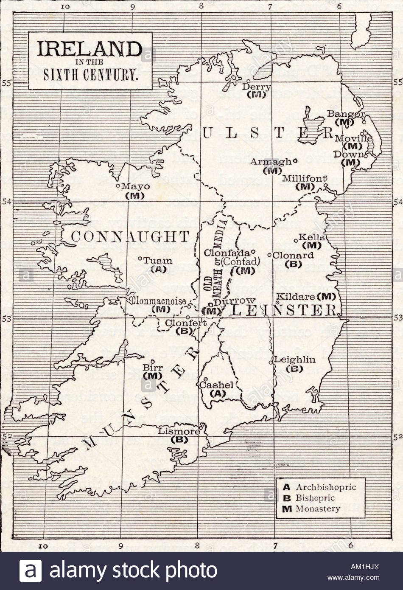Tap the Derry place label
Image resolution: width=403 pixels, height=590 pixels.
click(256, 87)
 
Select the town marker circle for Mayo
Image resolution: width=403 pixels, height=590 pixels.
click(118, 185)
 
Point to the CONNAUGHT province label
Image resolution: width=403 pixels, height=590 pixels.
click(130, 237)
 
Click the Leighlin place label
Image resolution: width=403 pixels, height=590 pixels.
click(295, 360)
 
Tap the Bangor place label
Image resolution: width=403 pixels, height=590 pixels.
click(346, 114)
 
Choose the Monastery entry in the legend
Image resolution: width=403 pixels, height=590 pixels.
click(317, 509)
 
